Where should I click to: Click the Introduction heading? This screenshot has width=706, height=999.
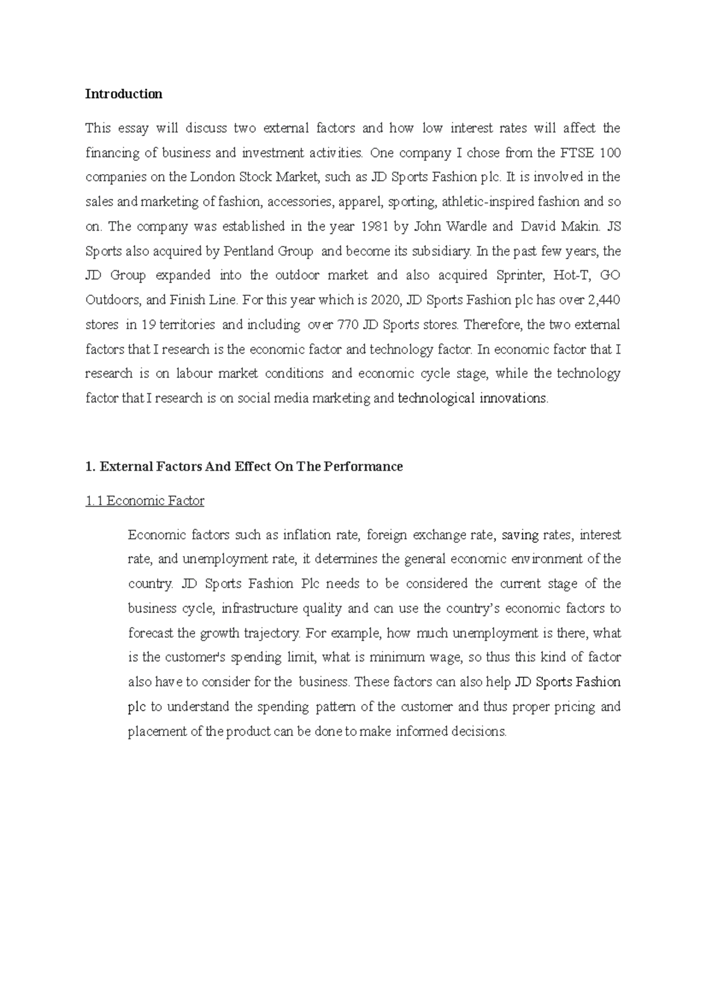[x=124, y=94]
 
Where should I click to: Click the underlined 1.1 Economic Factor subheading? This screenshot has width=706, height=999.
[x=145, y=501]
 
